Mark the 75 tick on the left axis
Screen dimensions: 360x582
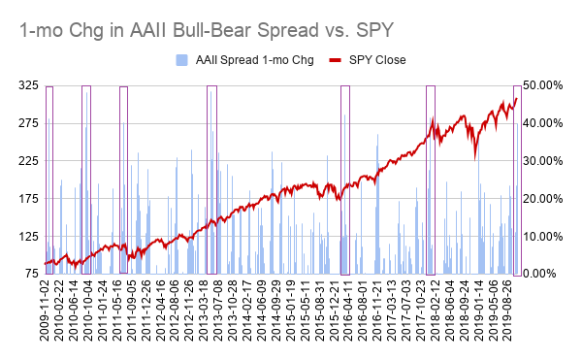click(29, 275)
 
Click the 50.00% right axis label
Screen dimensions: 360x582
click(543, 85)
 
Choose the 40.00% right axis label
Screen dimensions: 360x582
click(543, 123)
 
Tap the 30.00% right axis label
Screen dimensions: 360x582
click(543, 161)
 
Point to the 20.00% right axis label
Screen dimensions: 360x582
click(543, 199)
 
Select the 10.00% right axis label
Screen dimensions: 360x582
click(543, 237)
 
